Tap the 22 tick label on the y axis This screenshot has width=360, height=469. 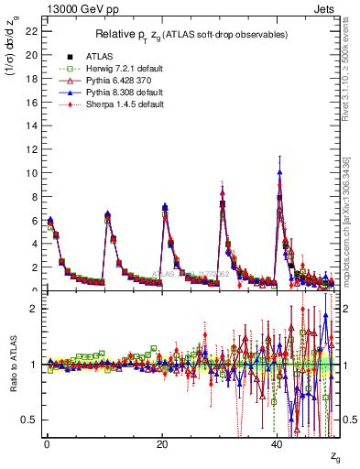coord(31,30)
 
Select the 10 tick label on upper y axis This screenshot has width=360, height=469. coord(31,172)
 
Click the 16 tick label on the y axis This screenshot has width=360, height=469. coord(31,102)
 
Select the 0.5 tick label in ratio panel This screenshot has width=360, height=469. coord(28,420)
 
